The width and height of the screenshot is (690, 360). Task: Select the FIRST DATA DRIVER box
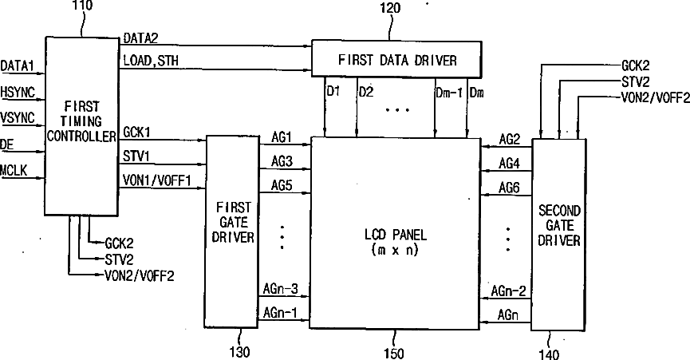396,59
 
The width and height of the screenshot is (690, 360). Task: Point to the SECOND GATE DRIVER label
559,224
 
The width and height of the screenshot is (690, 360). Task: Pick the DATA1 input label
17,65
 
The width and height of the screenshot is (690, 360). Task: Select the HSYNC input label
18,93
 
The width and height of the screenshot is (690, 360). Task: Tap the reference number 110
81,6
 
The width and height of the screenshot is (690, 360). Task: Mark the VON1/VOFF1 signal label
157,180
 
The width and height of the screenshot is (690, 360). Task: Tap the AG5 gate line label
282,185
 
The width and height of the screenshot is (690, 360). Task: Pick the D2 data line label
366,91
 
